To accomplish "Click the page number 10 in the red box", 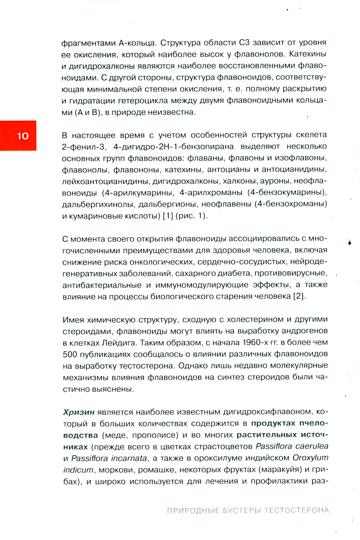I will [x=23, y=136].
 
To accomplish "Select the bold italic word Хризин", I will [x=79, y=412].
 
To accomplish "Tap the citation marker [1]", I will [x=168, y=216].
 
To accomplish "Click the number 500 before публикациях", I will [x=70, y=354].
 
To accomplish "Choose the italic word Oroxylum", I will [x=310, y=458].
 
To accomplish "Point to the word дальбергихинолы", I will [x=99, y=204].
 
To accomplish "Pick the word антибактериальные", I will [x=102, y=285].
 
